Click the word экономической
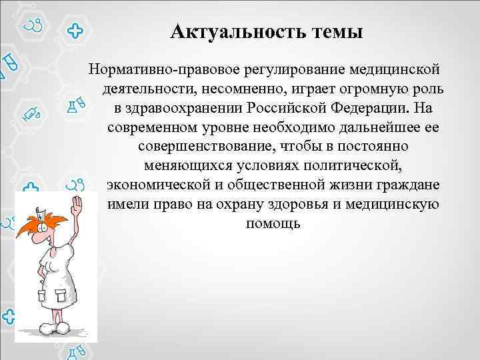[x=159, y=183]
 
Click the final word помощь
[x=273, y=221]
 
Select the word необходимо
[x=298, y=127]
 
